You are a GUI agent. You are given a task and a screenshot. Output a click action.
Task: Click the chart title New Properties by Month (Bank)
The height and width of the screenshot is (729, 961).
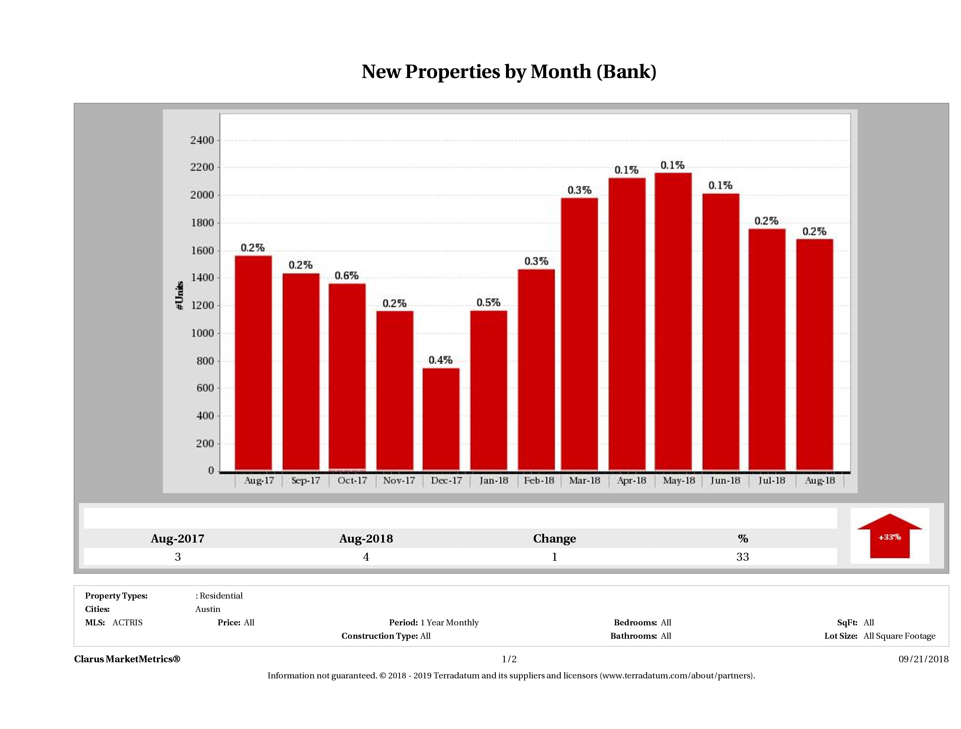click(x=509, y=72)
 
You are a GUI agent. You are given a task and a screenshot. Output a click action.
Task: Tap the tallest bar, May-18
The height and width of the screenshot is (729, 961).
click(x=673, y=322)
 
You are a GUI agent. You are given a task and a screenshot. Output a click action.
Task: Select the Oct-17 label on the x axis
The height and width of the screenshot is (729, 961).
click(x=352, y=481)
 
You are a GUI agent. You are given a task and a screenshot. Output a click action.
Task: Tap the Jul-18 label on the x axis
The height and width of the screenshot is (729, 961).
click(x=772, y=481)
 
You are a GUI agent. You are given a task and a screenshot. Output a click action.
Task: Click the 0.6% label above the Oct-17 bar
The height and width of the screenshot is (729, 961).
click(x=346, y=275)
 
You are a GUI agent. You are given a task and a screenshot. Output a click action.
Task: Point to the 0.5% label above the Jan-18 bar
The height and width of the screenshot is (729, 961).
click(x=488, y=302)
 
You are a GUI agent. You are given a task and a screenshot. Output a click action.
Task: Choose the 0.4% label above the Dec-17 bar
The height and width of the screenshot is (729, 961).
click(x=440, y=360)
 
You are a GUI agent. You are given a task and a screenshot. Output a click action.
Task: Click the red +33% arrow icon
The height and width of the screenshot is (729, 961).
click(x=889, y=537)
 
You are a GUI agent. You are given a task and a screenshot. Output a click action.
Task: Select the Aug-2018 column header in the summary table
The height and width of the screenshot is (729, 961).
click(x=366, y=539)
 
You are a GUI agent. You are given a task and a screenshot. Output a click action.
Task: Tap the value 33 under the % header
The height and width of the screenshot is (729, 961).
click(x=742, y=557)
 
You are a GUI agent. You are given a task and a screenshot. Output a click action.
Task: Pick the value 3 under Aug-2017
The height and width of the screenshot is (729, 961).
click(x=178, y=557)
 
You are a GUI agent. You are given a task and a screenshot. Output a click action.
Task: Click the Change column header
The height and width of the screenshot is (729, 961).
click(x=555, y=539)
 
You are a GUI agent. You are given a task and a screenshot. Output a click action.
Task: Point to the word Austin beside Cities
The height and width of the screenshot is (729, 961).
click(x=208, y=609)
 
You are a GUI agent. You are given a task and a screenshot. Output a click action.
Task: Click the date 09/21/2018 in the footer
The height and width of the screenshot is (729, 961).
click(x=923, y=659)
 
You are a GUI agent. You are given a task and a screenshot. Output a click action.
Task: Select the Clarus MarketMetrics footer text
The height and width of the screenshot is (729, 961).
click(x=127, y=659)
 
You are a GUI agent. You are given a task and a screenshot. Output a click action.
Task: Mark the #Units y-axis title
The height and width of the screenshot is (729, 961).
click(x=180, y=295)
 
